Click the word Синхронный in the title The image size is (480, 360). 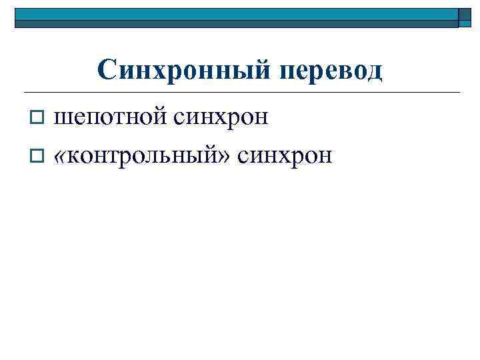pyautogui.click(x=179, y=69)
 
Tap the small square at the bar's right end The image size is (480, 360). pyautogui.click(x=465, y=17)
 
